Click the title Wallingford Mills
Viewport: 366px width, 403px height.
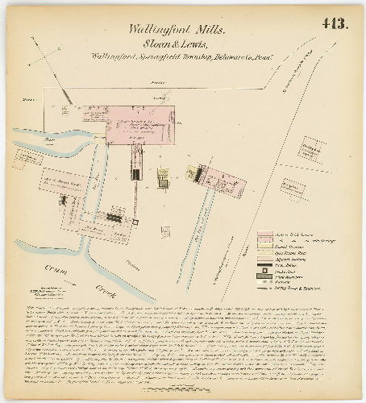point(177,28)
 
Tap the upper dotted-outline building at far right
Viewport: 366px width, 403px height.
point(311,150)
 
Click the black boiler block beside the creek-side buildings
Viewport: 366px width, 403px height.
point(114,217)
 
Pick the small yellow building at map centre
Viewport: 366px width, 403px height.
point(164,176)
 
